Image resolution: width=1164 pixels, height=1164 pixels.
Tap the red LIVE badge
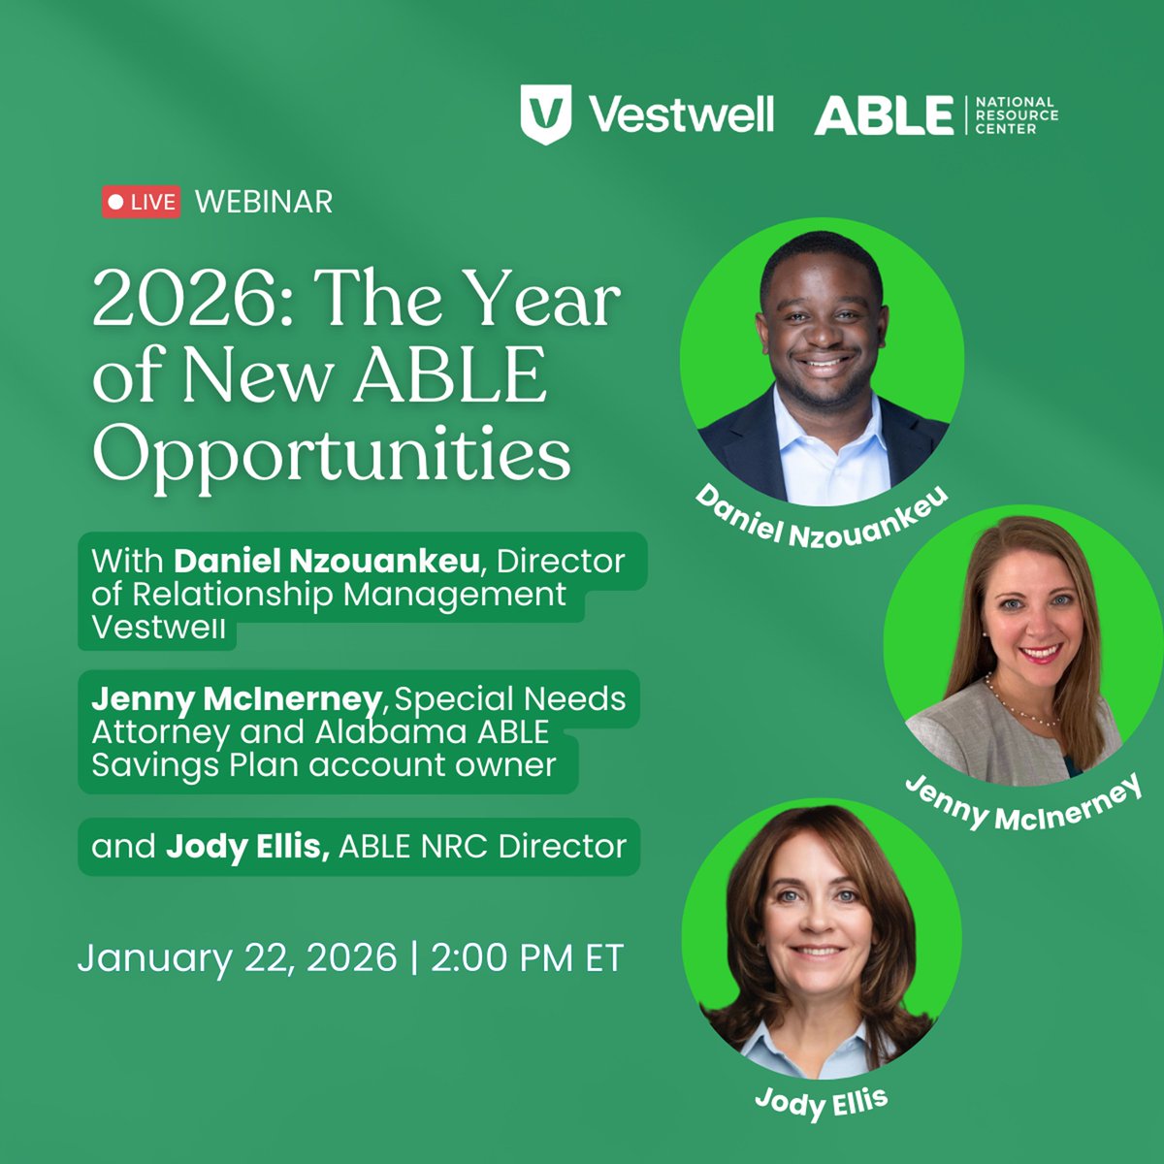point(142,202)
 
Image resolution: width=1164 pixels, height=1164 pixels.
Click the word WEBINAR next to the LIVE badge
point(264,202)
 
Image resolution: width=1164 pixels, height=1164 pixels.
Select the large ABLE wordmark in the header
point(884,114)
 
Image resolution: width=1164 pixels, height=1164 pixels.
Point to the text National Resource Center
point(1015,114)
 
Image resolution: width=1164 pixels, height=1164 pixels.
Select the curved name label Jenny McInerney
point(1022,801)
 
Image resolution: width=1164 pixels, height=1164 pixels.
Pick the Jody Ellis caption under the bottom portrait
point(821,1101)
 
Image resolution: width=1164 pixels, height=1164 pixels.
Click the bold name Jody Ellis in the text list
point(247,847)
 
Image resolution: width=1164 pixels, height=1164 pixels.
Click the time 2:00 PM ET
point(527,957)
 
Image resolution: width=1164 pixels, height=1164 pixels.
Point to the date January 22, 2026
point(237,957)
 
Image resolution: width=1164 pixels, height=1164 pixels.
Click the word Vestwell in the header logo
point(681,114)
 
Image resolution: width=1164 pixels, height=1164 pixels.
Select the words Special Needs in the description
point(510,698)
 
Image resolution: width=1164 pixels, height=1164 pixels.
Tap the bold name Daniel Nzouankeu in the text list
point(327,561)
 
